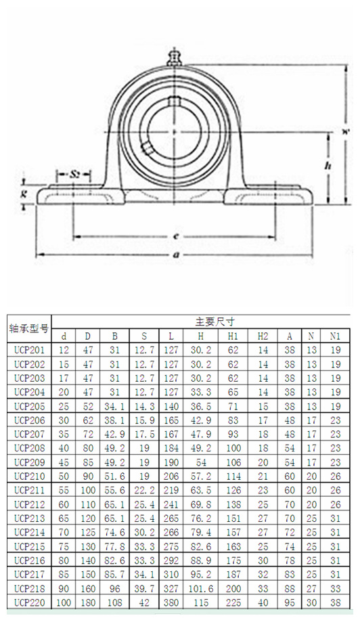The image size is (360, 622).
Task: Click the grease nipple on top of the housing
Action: point(174,55)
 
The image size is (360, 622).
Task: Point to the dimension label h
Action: point(327,165)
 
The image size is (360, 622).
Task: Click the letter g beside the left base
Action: point(24,194)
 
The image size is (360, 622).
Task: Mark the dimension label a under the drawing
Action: point(175,254)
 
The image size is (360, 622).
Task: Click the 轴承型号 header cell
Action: point(29,329)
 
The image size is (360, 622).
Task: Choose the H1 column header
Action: point(233,336)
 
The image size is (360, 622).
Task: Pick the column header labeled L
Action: point(171,336)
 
